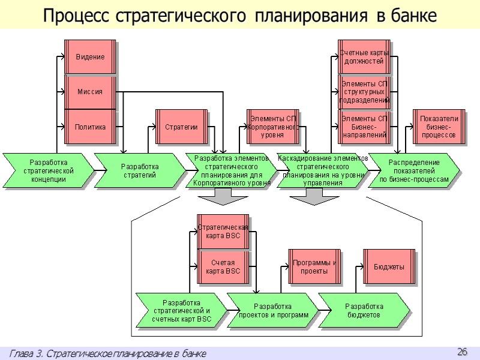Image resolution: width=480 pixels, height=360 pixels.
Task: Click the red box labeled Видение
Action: pos(89,57)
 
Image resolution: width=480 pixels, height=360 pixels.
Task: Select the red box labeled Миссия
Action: pos(89,92)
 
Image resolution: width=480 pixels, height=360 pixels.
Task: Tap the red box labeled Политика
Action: pos(89,127)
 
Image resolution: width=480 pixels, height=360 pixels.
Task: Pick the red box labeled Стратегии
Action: pos(181,127)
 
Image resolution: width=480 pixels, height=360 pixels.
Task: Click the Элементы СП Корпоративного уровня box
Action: pos(272,127)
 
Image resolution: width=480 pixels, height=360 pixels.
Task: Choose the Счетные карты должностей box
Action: pos(364,57)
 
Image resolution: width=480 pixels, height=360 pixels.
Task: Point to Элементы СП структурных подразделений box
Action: pos(364,92)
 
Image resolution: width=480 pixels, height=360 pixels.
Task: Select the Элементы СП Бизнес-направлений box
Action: pos(364,127)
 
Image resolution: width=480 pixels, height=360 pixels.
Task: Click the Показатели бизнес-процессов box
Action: pos(439,127)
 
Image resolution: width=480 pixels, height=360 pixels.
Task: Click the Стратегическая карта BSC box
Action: pos(223,232)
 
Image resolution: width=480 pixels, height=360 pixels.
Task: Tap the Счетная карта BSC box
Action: pos(223,266)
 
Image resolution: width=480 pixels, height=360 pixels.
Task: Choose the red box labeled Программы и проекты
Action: pos(314,266)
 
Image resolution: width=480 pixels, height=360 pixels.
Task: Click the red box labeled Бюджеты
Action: pos(389,266)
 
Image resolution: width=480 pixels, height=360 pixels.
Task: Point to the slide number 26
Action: pos(462,351)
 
